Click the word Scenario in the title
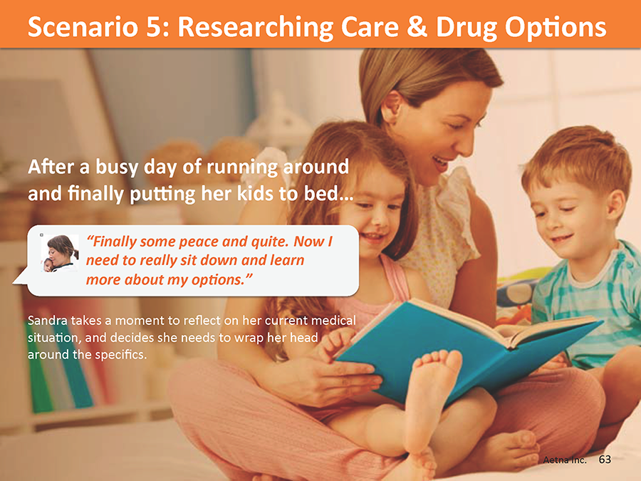click(x=83, y=27)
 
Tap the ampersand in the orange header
click(x=417, y=27)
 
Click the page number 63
click(x=605, y=460)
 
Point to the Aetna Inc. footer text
click(x=565, y=460)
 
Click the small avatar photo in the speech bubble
click(x=60, y=254)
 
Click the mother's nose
click(x=467, y=141)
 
